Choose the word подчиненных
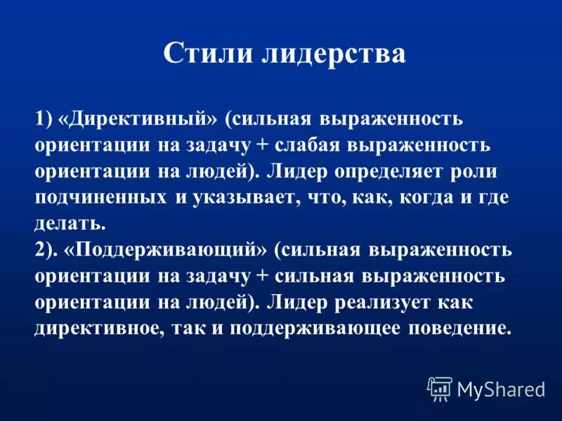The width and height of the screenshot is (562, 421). point(101,199)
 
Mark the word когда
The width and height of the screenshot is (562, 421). point(419,199)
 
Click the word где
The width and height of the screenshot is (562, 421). point(491,199)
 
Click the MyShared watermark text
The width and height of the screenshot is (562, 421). point(501,388)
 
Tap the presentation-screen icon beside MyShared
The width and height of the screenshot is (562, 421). point(439,388)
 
